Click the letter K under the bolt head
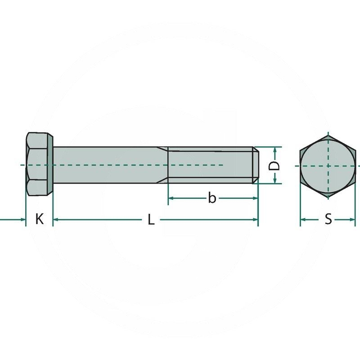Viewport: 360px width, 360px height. [40, 220]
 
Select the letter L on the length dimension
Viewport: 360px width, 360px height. [152, 220]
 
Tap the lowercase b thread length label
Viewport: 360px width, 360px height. [212, 198]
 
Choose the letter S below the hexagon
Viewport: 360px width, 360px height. [328, 220]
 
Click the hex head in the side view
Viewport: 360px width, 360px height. [39, 165]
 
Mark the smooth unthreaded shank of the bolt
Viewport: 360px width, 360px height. [108, 165]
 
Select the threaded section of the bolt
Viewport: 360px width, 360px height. [209, 165]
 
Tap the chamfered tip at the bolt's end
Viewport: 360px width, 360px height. [256, 165]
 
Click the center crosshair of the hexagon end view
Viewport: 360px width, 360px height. [328, 165]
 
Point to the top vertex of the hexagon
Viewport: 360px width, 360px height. [328, 134]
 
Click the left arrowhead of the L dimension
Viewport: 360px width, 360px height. [56, 220]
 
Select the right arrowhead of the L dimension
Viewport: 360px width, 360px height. [255, 220]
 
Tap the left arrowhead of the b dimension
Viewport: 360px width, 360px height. [171, 198]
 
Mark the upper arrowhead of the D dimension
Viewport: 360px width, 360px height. [274, 150]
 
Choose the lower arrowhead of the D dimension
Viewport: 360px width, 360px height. [274, 180]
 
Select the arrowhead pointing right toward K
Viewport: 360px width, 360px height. [22, 220]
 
